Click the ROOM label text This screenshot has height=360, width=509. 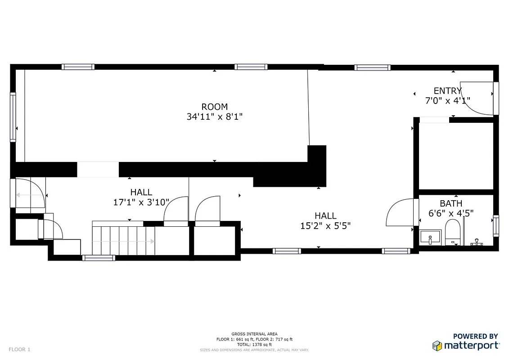point(214,107)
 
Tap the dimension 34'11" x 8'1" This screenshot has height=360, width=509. point(214,117)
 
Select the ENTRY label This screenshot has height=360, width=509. point(447,91)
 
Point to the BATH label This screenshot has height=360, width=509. point(451,203)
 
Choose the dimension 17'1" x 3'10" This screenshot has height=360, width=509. point(141,202)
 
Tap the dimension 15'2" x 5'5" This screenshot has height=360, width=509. point(325,225)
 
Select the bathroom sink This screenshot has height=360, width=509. point(431,237)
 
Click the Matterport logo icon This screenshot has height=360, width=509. point(437,346)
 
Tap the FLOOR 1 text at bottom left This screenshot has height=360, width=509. point(19,349)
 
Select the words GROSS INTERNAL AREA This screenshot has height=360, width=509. point(254,334)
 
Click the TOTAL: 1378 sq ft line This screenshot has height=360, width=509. point(254,344)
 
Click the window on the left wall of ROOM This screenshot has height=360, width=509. point(13,117)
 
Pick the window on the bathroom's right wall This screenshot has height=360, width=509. point(495,226)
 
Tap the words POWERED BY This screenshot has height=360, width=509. point(475,336)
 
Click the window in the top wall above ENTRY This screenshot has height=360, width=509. point(372,67)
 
